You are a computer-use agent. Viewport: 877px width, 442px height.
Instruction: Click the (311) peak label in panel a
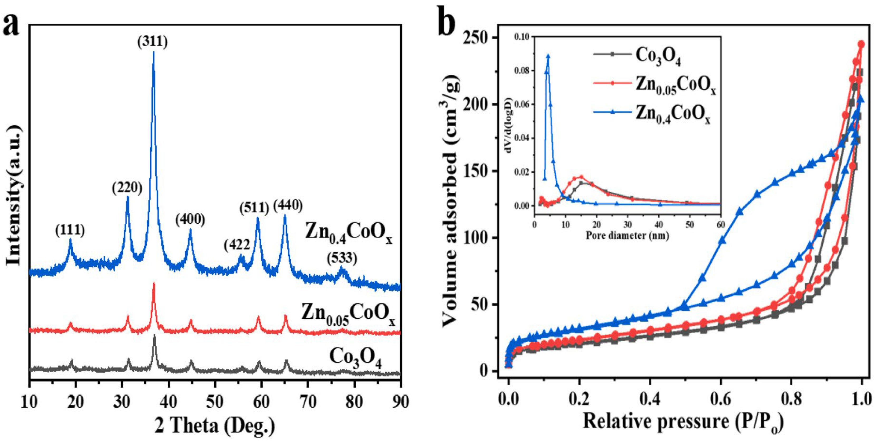152,42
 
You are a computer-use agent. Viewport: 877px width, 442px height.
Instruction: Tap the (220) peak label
127,188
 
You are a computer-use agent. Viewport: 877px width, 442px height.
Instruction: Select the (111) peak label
70,230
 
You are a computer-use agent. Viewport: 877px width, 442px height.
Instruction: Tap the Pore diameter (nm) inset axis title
627,235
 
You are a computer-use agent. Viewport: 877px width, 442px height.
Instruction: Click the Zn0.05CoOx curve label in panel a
348,313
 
